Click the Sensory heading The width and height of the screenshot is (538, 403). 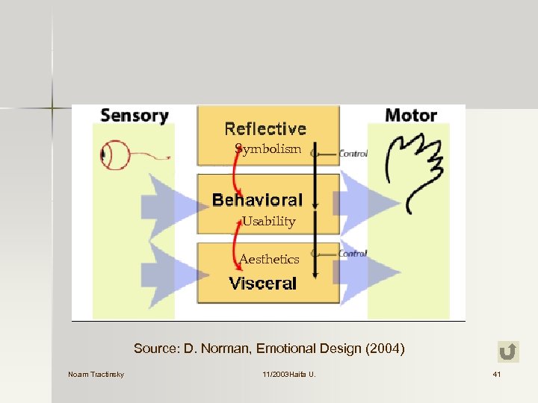[x=134, y=116]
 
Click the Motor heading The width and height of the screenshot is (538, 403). [x=410, y=116]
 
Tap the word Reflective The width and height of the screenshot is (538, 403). [x=265, y=129]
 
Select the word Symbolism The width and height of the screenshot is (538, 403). [x=268, y=149]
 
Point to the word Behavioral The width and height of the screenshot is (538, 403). [x=257, y=200]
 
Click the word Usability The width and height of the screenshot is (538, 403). [x=269, y=221]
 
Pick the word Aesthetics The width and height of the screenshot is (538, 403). [x=269, y=259]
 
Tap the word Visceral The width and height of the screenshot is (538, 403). [x=263, y=284]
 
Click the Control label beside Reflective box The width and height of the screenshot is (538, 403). [x=353, y=154]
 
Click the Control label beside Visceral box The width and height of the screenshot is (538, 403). [x=353, y=254]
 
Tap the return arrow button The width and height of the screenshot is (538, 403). [x=508, y=352]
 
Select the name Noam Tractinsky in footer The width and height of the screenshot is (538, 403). [x=96, y=374]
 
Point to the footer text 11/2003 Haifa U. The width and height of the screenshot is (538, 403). [x=289, y=374]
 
